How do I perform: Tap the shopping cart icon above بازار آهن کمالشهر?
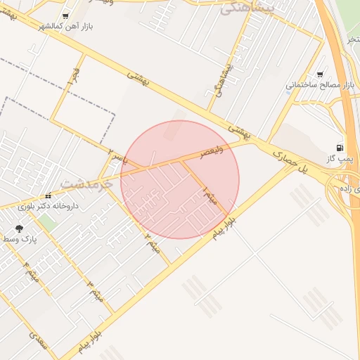coord(65,15)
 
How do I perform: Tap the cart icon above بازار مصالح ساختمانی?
coord(321,74)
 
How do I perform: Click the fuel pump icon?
coord(340,148)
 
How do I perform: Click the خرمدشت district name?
coord(86,184)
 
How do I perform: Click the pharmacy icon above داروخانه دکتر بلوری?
coord(48,196)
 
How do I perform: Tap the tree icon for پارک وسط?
coord(19,229)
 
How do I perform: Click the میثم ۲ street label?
coord(151,243)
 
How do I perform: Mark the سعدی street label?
coord(38,342)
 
